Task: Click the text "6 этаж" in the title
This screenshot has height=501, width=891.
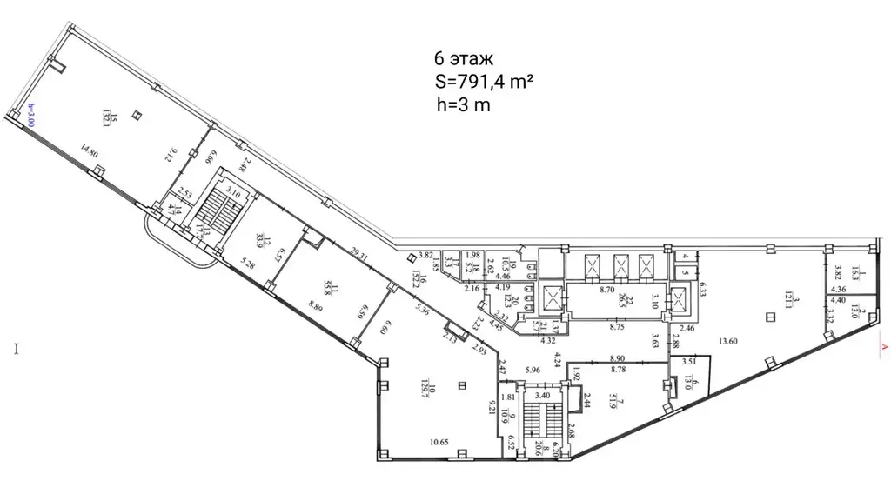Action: (463, 60)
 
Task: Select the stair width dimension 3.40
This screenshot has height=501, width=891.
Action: (541, 394)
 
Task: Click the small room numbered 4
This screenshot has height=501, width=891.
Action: (686, 257)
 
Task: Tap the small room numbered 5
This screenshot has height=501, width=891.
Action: (686, 272)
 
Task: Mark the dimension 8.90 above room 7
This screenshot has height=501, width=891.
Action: (619, 357)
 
